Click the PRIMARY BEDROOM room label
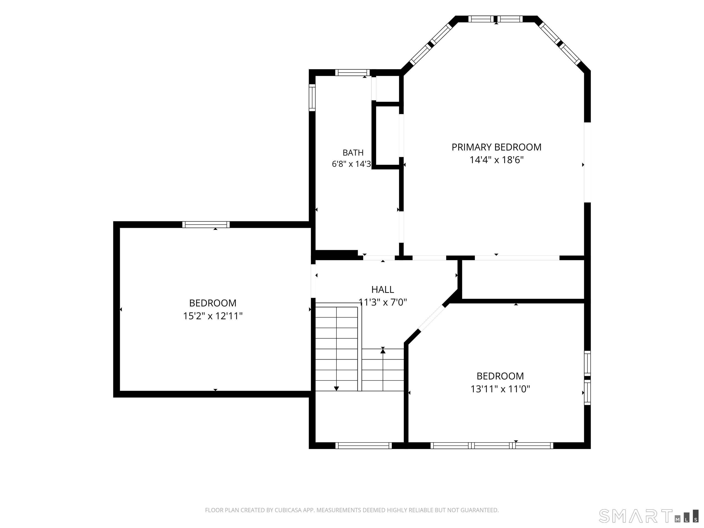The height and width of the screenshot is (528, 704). tap(496, 147)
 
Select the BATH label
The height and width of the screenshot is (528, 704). tap(353, 153)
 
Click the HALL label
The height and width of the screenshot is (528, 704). tap(382, 290)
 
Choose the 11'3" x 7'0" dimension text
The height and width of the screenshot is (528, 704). tap(383, 302)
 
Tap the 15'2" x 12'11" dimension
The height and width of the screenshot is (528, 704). tap(213, 316)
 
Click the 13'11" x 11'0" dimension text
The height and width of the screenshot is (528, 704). tap(500, 389)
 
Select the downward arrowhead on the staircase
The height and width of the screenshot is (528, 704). tap(336, 388)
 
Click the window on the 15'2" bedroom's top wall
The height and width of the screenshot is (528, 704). tap(206, 225)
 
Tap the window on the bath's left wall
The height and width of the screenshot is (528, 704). tap(312, 98)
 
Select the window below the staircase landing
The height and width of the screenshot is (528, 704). tap(363, 445)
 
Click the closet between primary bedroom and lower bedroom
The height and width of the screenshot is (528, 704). tap(523, 279)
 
